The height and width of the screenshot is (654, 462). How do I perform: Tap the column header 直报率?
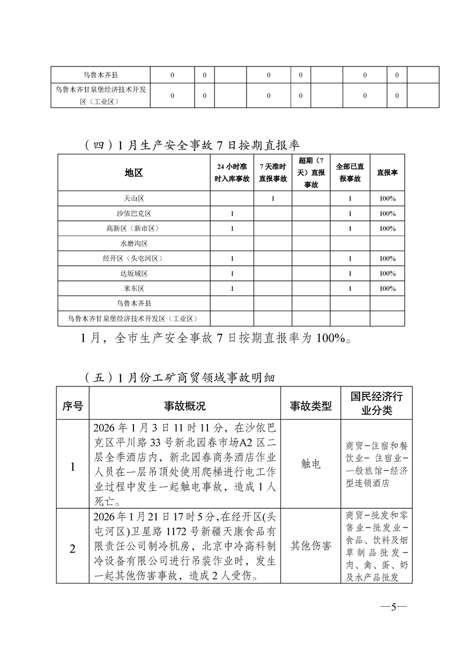click(387, 173)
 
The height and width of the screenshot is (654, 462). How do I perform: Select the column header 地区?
click(133, 173)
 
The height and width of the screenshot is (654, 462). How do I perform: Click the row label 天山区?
click(133, 199)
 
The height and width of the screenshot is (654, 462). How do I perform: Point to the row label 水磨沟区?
click(133, 244)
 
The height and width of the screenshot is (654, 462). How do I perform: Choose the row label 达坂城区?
click(133, 273)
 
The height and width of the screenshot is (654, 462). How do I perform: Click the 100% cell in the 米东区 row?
click(387, 289)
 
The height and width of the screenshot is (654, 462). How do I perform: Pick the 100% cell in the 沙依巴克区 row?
click(387, 214)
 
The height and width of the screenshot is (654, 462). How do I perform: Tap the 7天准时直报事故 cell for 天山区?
click(273, 199)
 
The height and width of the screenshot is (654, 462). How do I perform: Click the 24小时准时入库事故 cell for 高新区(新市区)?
click(232, 228)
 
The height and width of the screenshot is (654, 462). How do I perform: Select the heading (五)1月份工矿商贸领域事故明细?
click(181, 377)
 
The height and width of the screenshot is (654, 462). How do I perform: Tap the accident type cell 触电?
click(310, 465)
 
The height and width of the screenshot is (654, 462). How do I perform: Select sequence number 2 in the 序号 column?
click(73, 548)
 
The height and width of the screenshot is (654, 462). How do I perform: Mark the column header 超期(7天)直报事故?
click(310, 173)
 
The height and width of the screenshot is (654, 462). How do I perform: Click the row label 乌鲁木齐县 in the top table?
click(100, 75)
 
